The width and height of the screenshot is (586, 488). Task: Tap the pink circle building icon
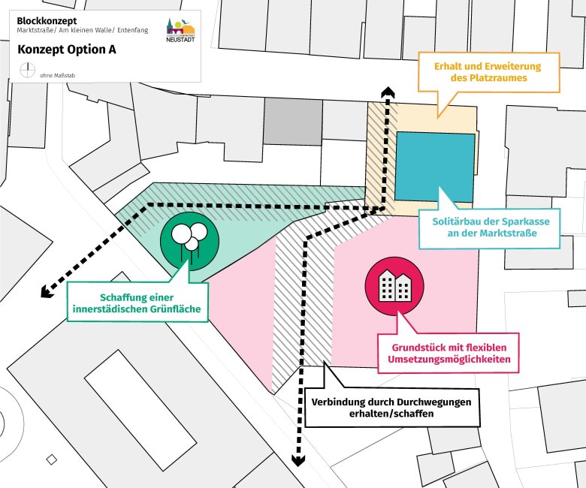(x=394, y=284)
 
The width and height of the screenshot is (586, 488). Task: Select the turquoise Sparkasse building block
(x=434, y=166)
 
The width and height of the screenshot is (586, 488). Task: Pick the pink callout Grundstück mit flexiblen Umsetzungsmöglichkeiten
(x=449, y=354)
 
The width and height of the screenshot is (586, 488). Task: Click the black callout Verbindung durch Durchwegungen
(x=391, y=408)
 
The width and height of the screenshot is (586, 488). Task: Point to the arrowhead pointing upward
(x=388, y=92)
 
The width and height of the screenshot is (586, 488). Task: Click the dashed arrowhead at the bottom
(x=298, y=460)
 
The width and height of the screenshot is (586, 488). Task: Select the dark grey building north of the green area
(x=293, y=121)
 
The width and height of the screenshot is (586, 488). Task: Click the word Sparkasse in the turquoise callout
(x=516, y=222)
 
